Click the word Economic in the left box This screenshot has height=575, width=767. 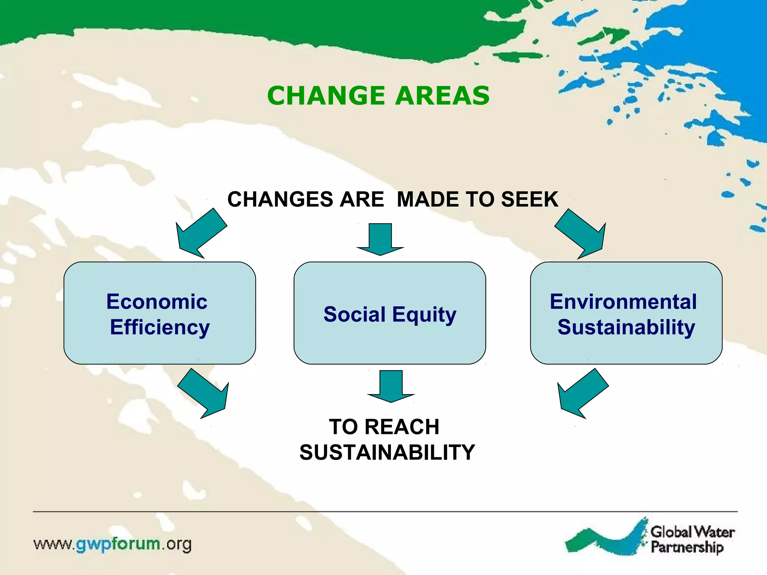(x=157, y=302)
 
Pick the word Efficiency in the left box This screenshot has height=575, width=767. (x=160, y=327)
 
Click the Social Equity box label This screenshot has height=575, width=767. (x=390, y=314)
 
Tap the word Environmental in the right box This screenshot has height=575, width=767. (x=623, y=302)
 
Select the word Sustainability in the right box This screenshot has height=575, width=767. (x=626, y=327)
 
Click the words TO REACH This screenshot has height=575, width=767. (x=384, y=427)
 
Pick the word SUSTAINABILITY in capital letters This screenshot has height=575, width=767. (x=387, y=452)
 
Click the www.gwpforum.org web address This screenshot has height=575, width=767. (x=112, y=544)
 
